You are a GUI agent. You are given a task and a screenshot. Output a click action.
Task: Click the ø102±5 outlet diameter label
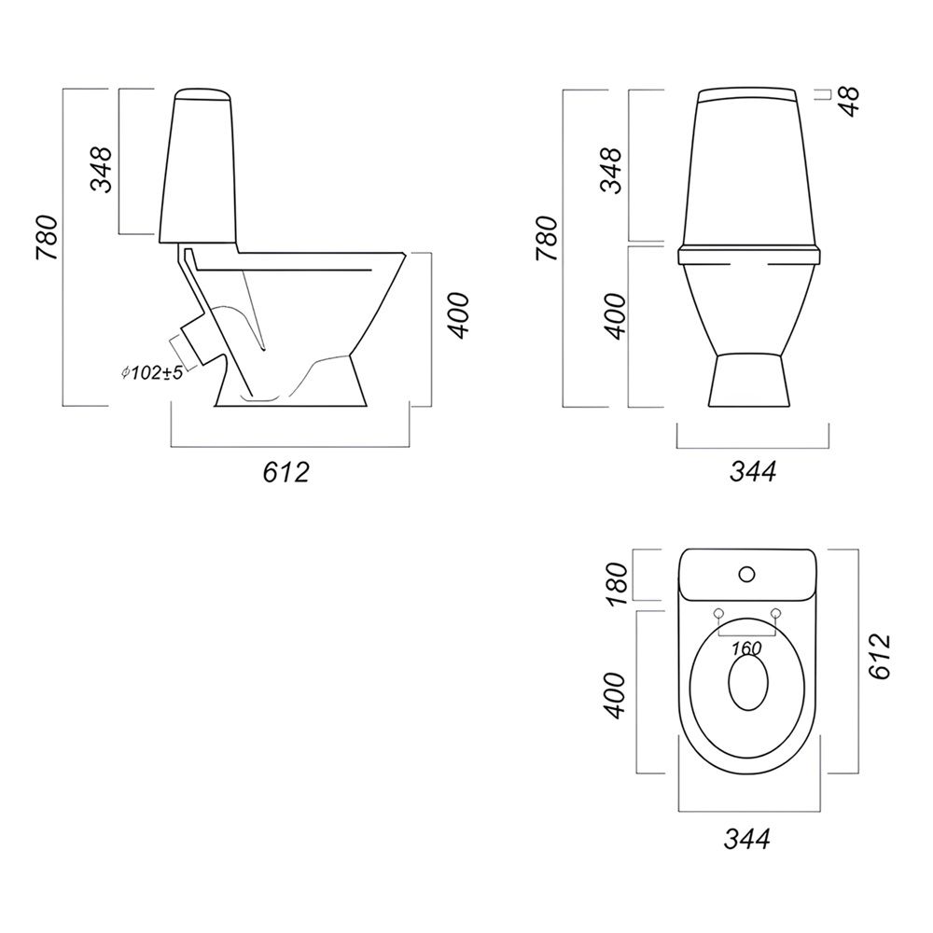coord(151,373)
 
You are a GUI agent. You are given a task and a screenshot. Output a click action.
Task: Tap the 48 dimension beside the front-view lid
coord(851,102)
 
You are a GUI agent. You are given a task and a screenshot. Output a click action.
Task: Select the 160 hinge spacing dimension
coord(746,648)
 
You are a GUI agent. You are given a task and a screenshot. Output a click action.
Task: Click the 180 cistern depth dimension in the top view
coord(617,584)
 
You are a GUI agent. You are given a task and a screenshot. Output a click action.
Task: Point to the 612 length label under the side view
coord(286,472)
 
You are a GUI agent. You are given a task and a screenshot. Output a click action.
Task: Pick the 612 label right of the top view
coord(880,656)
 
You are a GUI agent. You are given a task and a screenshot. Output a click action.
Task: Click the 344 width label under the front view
coord(753,472)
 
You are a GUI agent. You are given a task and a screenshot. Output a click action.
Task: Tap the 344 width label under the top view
coord(746,839)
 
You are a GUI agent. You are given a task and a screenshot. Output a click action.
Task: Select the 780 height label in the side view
coord(47,238)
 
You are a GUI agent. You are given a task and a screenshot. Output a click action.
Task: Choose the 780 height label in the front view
coord(547,239)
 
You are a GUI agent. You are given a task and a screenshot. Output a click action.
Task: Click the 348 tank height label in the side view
coord(101,170)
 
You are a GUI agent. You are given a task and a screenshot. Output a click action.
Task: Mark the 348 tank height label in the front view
coord(612,170)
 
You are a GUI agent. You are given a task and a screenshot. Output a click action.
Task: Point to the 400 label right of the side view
coord(459,316)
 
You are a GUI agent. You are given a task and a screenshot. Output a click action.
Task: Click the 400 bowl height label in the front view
coord(617,316)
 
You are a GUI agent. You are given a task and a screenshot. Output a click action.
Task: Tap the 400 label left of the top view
coord(615,696)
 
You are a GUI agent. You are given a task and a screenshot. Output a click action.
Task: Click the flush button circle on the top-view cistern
coord(746,574)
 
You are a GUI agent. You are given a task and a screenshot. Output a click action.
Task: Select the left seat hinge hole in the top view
coord(718,613)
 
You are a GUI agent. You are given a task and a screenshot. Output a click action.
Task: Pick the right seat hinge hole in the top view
coord(775,613)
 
